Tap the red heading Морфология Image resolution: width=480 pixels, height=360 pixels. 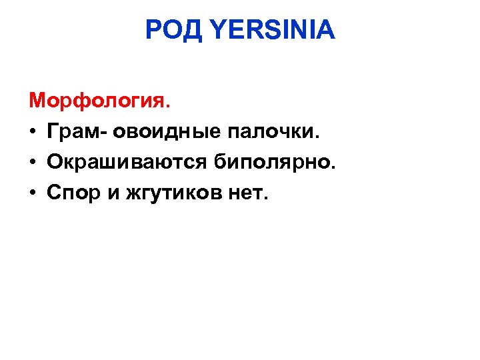(99, 101)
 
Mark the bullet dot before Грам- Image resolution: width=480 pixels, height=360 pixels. (33, 133)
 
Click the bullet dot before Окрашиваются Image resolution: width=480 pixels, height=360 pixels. (33, 163)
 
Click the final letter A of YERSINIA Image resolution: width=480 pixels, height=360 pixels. (326, 30)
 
